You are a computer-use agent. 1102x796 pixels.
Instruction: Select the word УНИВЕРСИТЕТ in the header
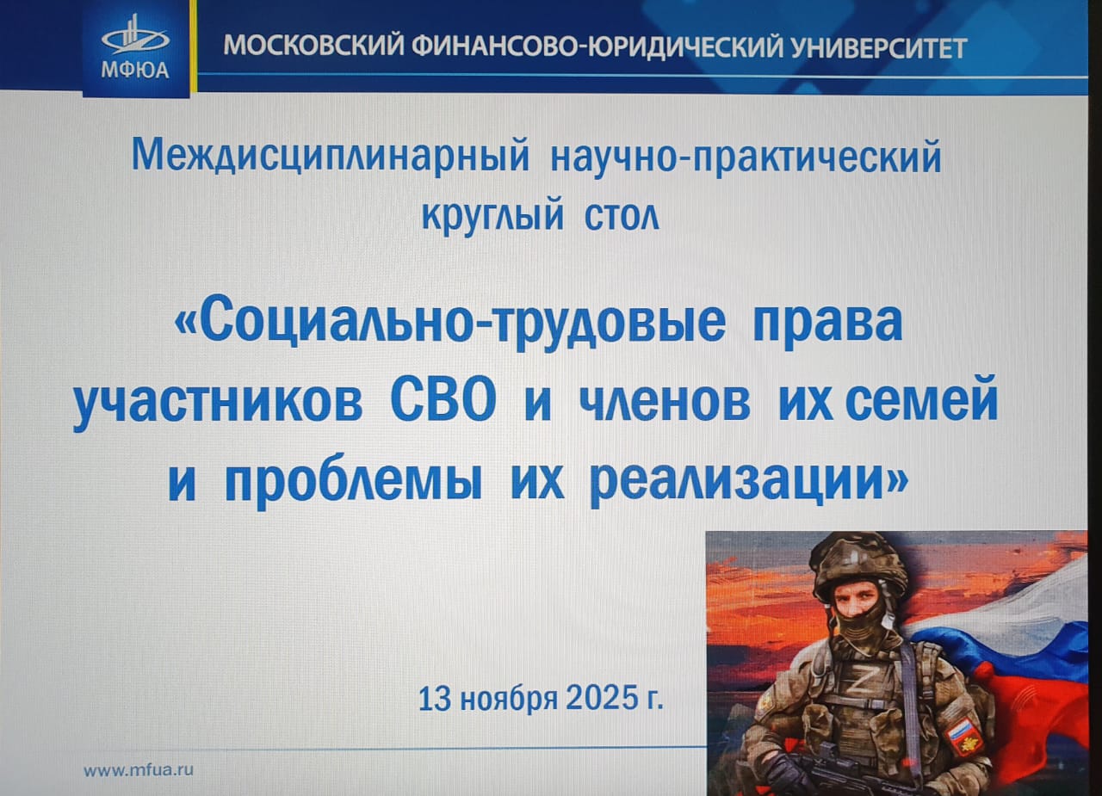click(879, 47)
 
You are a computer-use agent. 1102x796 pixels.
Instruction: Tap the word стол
click(622, 218)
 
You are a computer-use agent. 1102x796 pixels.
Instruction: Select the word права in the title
click(828, 324)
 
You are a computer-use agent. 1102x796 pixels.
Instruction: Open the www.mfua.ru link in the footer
click(139, 770)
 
